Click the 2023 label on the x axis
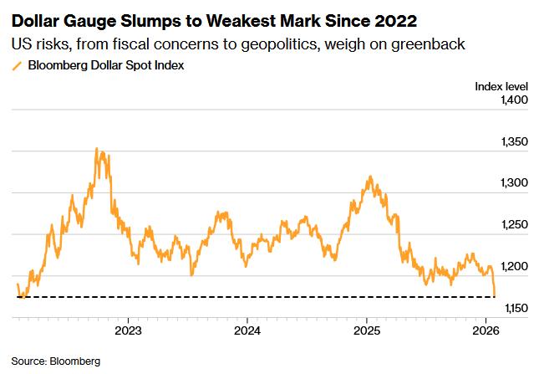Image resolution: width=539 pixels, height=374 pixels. coord(128,330)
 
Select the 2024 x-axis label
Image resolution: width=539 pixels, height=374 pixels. coord(247,330)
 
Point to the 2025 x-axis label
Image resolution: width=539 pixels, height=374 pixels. coord(367,330)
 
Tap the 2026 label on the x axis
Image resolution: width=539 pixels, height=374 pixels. coord(486,330)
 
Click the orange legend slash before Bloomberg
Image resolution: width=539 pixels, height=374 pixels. coord(16,65)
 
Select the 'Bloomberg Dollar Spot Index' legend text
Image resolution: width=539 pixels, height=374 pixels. coord(107,64)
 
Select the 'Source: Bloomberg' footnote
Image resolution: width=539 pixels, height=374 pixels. coord(55,361)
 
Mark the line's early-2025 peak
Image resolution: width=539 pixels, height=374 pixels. coord(370,177)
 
